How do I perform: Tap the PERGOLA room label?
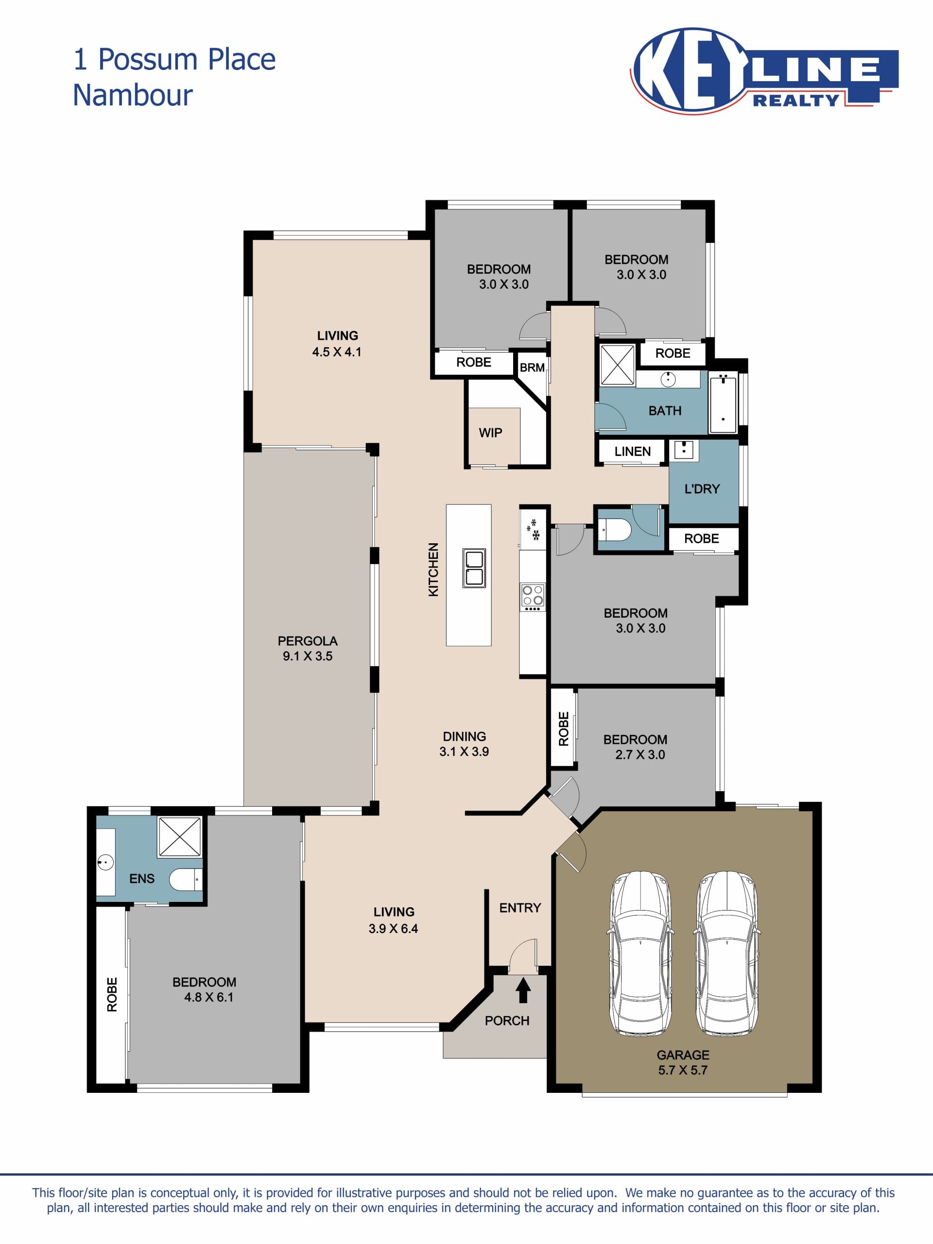[x=308, y=641]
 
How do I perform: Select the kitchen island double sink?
[x=474, y=568]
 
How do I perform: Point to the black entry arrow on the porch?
[x=523, y=990]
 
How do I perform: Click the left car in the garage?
[x=640, y=954]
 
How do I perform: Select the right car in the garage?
[x=726, y=954]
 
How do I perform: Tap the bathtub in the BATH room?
[x=723, y=404]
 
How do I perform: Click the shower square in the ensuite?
[x=179, y=837]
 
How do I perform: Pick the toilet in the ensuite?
[x=186, y=879]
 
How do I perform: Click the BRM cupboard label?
[x=532, y=368]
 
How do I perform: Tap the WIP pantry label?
[x=490, y=432]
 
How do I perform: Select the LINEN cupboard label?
[x=633, y=451]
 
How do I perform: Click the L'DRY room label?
[x=702, y=489]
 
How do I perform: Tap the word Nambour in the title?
[x=133, y=95]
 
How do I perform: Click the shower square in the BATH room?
[x=618, y=365]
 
